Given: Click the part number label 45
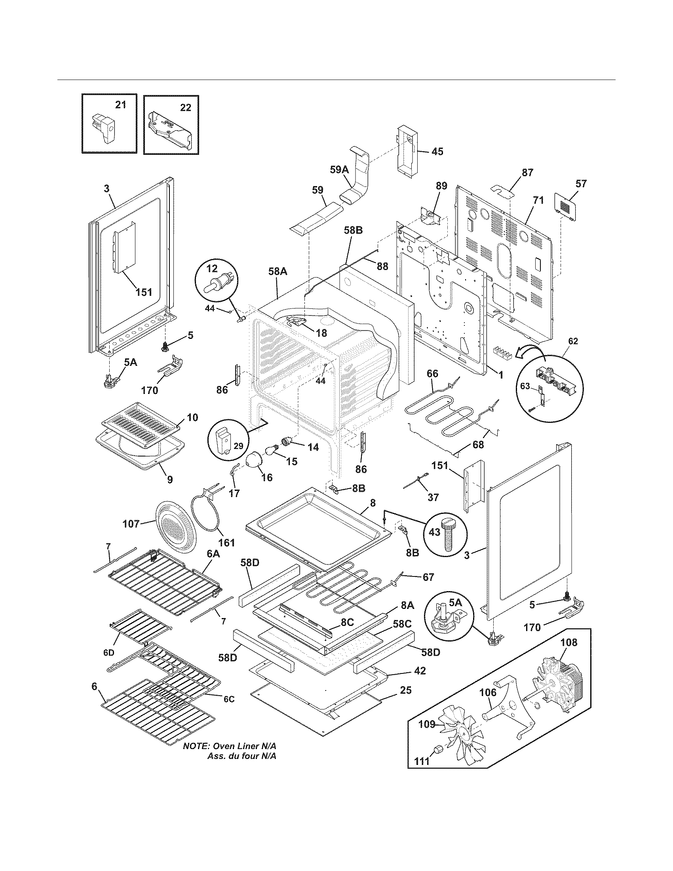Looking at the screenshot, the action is [x=437, y=152].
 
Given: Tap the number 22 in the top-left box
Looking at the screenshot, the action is [x=185, y=107].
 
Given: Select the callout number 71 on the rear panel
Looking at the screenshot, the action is [x=538, y=201].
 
